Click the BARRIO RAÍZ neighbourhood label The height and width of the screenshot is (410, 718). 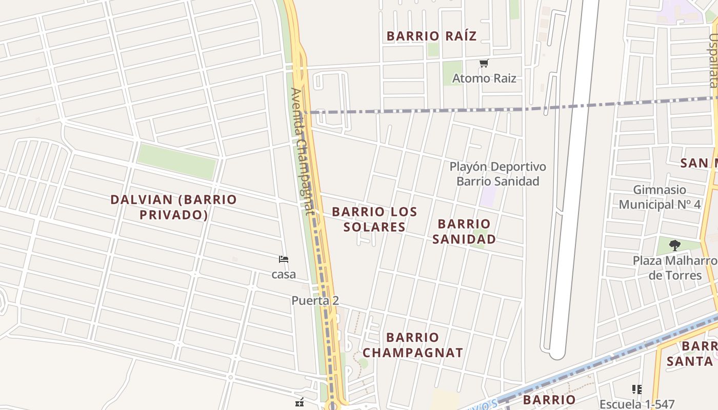coord(431,36)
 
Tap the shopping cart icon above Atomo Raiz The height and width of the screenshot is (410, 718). coord(484,64)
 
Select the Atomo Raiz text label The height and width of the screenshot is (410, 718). coord(484,78)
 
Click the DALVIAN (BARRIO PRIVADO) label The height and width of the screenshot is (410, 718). coord(174,207)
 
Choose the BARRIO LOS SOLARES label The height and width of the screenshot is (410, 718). coord(374,219)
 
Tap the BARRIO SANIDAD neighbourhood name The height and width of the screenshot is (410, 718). coord(464,232)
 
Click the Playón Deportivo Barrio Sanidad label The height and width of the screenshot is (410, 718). coord(497,174)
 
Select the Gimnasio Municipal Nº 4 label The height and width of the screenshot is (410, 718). coord(660,197)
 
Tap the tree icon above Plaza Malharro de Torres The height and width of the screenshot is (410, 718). coord(675,245)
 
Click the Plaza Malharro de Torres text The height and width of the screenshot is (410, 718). coord(675,268)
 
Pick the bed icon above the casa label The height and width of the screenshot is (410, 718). coord(284,259)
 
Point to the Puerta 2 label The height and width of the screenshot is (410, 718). coord(315,301)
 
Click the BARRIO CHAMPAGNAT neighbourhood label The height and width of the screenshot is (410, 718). coord(413,345)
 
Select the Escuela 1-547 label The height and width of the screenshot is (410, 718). coord(637,404)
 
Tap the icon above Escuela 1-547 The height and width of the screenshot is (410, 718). coord(637,389)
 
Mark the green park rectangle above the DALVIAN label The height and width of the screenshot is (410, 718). coord(176,161)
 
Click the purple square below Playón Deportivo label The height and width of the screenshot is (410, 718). coord(488,197)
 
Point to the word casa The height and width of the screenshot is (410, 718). coord(284,275)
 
